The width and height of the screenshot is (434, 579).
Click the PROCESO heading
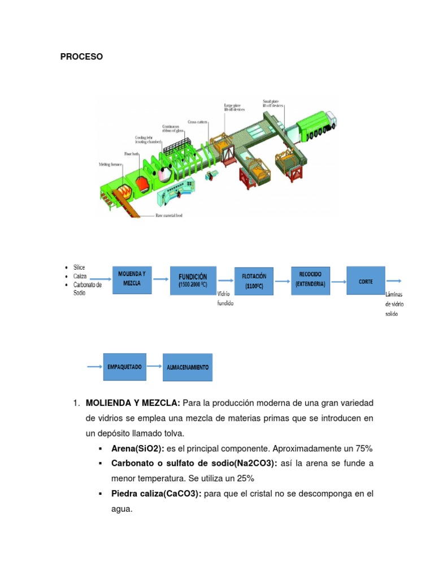81,57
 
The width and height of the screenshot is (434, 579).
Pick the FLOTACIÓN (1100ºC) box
254,281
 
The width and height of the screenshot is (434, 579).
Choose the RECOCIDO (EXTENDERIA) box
310,279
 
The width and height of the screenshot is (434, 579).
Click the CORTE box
366,281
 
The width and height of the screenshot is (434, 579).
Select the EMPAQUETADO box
124,367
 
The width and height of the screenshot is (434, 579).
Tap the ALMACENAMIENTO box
188,368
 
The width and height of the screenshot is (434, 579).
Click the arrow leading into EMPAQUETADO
93,367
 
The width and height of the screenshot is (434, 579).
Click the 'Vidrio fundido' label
225,299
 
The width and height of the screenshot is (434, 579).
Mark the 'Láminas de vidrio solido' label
394,304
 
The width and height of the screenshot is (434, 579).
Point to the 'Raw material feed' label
169,215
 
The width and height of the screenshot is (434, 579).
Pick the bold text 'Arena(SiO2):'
136,448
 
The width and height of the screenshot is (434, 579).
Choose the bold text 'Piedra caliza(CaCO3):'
157,494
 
